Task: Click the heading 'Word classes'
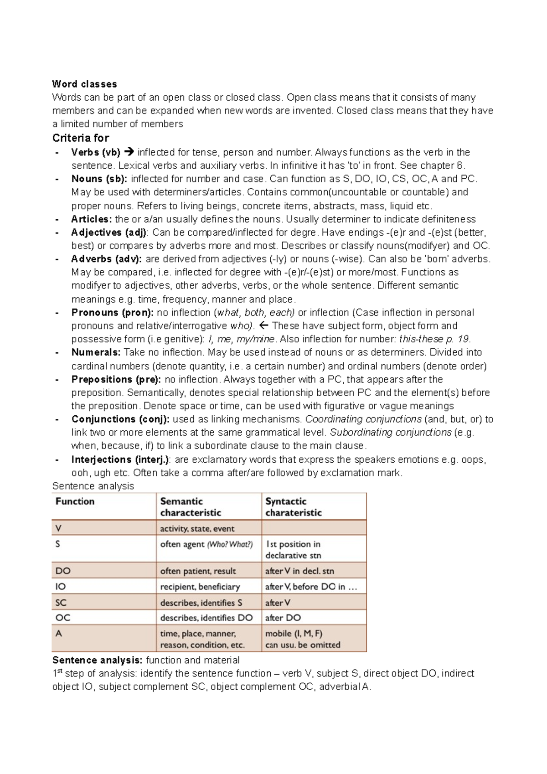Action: [x=84, y=84]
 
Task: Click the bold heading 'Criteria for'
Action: [x=80, y=138]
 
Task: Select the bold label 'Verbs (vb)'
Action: [x=96, y=152]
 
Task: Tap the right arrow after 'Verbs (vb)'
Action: [x=129, y=152]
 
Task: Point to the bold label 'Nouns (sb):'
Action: [x=99, y=179]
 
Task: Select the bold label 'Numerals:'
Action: [x=96, y=352]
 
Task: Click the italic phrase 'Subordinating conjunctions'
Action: [x=390, y=433]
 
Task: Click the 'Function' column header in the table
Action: [x=75, y=501]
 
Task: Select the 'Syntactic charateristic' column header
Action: [x=293, y=507]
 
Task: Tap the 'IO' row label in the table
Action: [x=61, y=587]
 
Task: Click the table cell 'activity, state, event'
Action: [x=197, y=529]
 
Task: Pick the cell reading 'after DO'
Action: [x=283, y=618]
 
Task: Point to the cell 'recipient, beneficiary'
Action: [x=200, y=587]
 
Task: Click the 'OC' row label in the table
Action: [x=63, y=618]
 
